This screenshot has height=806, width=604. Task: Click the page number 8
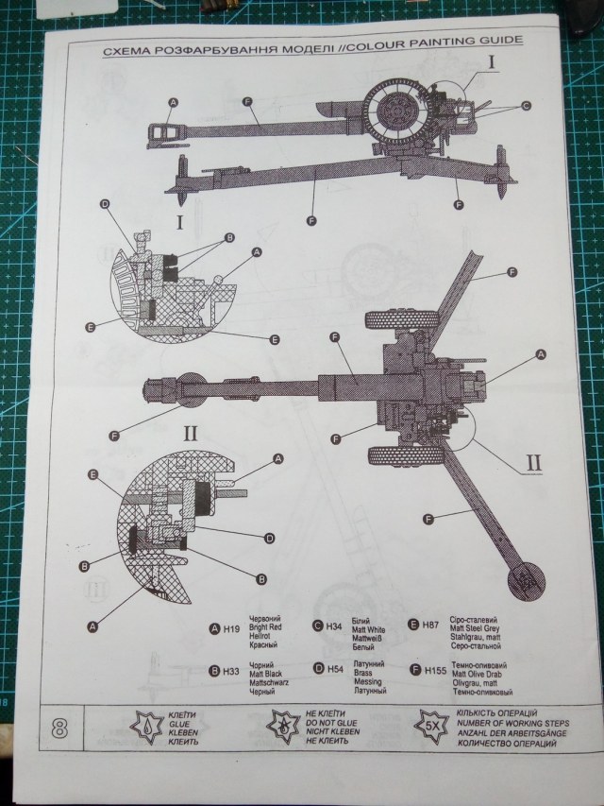pos(59,728)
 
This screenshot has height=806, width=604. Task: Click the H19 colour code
pos(230,629)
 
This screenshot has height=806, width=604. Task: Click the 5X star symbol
pos(430,726)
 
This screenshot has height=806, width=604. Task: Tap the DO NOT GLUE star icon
pos(283,727)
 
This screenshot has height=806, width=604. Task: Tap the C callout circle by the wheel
pos(526,104)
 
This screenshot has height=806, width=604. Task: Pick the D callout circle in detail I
pos(104,204)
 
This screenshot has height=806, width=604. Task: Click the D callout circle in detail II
pos(269,538)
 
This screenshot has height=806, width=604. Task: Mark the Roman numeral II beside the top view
pos(533,463)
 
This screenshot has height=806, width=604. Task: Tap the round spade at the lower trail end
pos(527,580)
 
